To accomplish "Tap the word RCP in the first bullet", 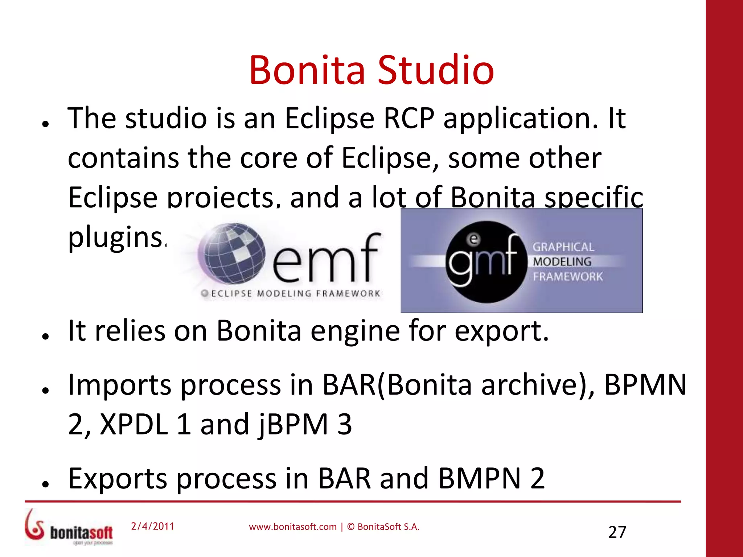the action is click(409, 119).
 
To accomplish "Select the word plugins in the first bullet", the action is click(115, 238).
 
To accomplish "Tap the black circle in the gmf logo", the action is click(486, 262).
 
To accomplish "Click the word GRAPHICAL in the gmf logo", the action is click(563, 247).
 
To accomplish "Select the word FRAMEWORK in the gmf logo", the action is click(567, 277).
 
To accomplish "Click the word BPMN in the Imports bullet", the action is click(645, 385).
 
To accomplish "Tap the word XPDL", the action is click(134, 424).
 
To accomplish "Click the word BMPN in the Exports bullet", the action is click(480, 479).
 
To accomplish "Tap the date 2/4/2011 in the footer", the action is click(152, 526).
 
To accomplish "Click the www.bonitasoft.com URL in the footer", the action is click(292, 527).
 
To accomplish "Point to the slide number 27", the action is click(617, 532).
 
